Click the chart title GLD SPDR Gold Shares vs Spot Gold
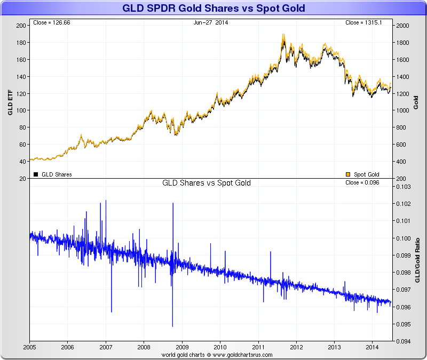tap(213, 9)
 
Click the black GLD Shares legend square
tap(36, 174)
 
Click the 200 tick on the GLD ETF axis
tap(21, 26)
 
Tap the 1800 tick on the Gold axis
tap(403, 43)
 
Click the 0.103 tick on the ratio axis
tap(404, 187)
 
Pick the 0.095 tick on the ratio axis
tap(404, 324)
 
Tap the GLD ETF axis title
tap(10, 101)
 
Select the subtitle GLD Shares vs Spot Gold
tap(207, 183)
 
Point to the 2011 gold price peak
tap(283, 35)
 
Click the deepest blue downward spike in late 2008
tap(172, 325)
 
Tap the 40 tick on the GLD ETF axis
tap(23, 162)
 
